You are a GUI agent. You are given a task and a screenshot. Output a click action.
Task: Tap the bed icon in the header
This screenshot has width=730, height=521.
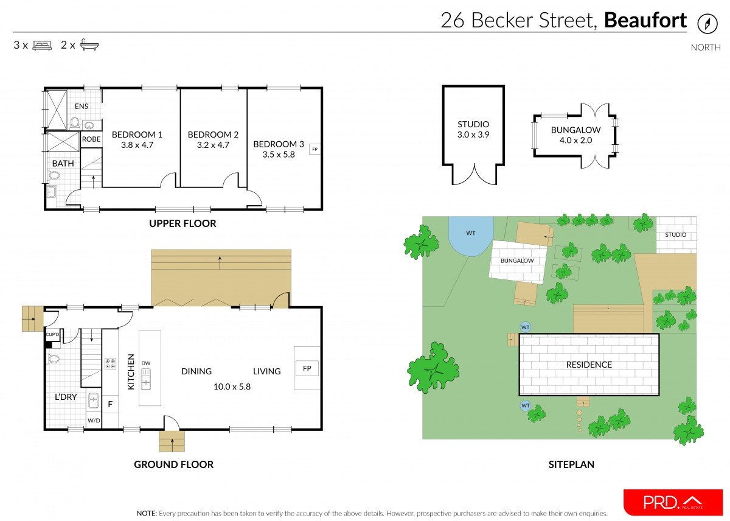coord(42,45)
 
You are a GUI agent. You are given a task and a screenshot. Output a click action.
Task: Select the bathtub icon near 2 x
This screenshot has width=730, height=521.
coord(89,45)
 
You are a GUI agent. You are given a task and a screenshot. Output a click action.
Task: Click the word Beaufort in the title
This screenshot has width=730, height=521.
coord(645,21)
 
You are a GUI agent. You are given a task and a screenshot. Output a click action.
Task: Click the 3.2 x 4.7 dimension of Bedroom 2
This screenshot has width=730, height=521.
coord(213,145)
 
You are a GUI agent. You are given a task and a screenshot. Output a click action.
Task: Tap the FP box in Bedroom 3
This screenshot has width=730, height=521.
coord(315,149)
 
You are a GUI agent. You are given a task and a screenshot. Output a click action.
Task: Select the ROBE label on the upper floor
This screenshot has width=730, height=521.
coord(91,139)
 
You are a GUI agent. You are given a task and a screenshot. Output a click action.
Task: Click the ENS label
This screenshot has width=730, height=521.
coord(82,107)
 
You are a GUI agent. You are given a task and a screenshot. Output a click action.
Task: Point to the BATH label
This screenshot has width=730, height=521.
coord(63,163)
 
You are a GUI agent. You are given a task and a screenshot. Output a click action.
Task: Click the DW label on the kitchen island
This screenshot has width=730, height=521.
coord(146,363)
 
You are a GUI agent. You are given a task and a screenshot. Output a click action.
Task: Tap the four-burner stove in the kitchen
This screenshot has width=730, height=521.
coord(111,363)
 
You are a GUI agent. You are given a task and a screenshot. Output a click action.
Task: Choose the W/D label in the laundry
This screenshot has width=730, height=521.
coord(94,420)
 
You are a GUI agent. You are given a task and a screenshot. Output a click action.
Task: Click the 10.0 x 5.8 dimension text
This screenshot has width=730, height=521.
coord(232,386)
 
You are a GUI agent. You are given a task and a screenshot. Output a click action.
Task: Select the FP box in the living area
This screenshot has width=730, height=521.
coord(307,368)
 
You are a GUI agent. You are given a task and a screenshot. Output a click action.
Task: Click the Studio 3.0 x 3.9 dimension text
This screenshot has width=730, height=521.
coord(473,135)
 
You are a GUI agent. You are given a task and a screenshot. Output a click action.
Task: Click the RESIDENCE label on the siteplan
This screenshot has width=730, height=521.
coord(589,365)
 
